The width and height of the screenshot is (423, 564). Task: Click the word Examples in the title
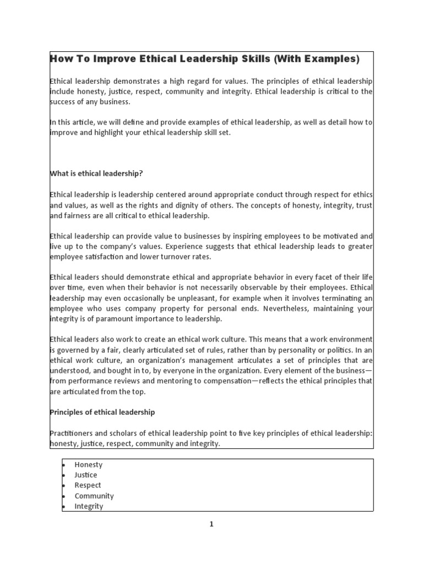coord(329,59)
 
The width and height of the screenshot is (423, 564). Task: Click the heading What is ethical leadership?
coord(96,173)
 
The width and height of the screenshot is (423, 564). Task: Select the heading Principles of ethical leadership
coord(102,412)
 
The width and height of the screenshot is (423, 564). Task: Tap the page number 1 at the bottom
coord(211,524)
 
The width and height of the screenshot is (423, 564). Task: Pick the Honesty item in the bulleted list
coord(89,465)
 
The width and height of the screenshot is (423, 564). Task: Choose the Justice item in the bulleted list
coord(86,475)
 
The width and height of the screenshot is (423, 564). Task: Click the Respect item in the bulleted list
coord(88,486)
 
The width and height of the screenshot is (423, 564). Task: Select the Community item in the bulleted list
coord(94,496)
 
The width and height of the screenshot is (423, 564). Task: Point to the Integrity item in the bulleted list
coord(89,507)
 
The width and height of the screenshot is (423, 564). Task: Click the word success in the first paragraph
coord(64,101)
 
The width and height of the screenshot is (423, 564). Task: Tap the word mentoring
coord(169,381)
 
